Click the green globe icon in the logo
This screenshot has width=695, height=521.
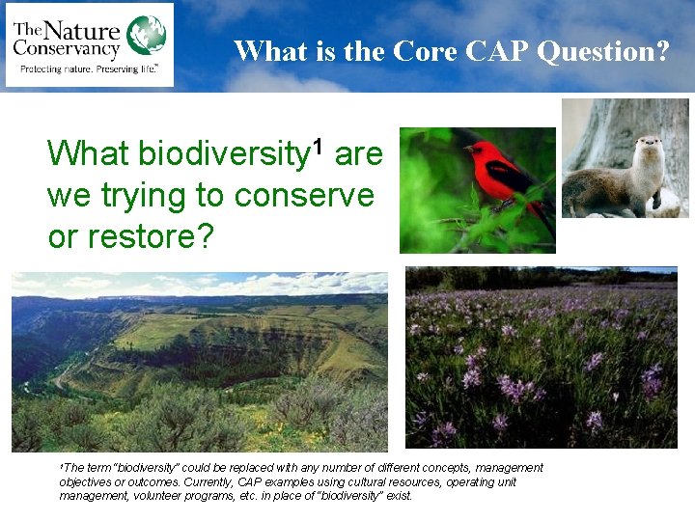click(x=146, y=35)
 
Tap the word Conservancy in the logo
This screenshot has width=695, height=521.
click(x=67, y=47)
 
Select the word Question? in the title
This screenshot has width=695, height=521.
click(x=602, y=51)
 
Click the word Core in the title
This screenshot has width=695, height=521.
click(x=423, y=50)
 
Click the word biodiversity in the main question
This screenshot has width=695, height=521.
click(x=221, y=154)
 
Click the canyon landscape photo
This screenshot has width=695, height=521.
click(x=199, y=361)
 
